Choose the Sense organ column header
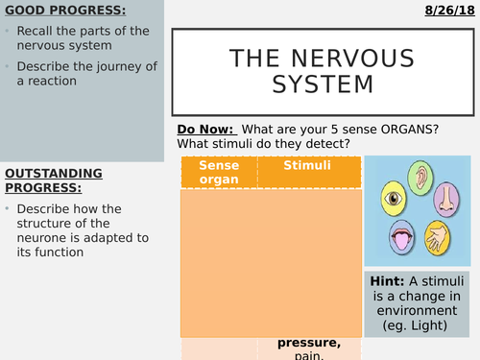pyautogui.click(x=218, y=172)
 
